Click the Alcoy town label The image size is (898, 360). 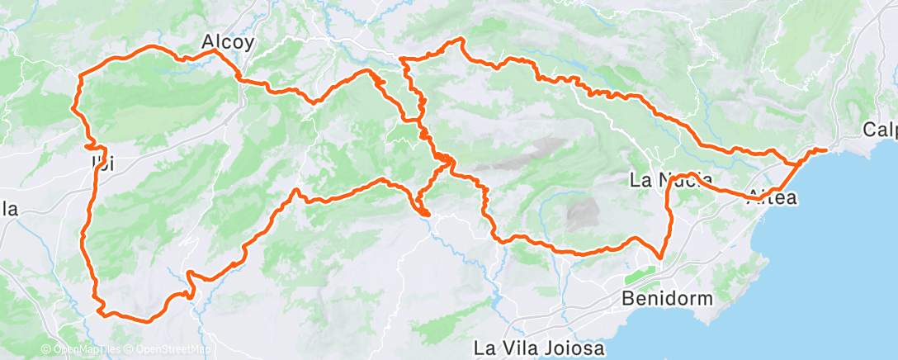coord(229,40)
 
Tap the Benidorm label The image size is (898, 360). coord(668,298)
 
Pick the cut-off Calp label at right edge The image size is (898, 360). coord(879,130)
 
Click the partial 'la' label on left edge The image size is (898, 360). coord(9,209)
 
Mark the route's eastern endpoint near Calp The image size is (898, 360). coord(825,149)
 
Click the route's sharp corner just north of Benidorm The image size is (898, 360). coord(661,257)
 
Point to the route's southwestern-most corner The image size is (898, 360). coord(101,311)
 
